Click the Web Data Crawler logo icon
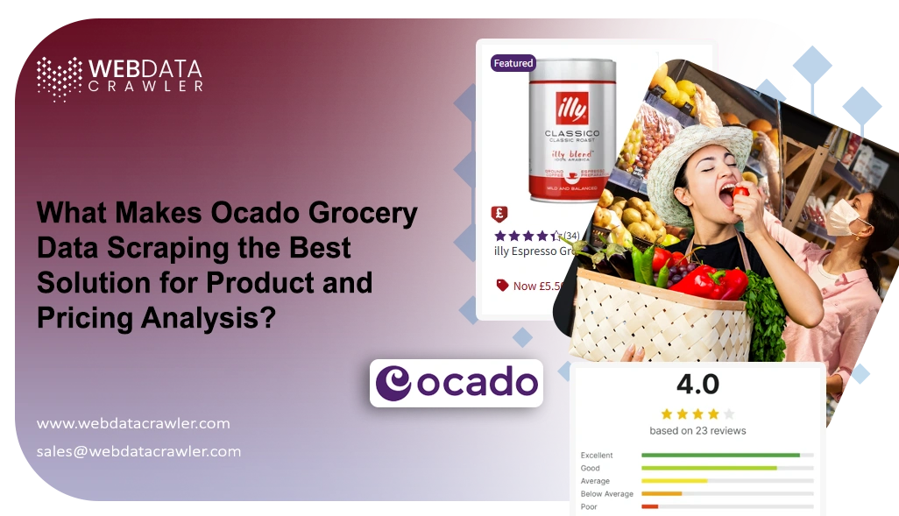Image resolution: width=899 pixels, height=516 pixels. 59,79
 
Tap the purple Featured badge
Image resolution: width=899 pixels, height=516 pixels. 513,63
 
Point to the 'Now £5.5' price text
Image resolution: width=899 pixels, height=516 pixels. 536,286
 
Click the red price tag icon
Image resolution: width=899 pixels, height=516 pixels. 502,285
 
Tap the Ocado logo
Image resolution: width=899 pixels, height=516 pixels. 456,383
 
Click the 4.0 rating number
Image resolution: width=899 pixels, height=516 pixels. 697,385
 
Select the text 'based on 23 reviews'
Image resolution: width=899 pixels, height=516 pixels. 697,430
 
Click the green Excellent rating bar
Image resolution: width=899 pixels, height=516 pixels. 720,456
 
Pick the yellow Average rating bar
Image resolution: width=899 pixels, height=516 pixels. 674,481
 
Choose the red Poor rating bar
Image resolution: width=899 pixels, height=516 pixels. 649,506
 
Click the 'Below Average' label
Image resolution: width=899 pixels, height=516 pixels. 606,494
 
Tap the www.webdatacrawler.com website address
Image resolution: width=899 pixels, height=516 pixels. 133,423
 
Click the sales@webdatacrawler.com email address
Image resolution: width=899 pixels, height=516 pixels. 138,451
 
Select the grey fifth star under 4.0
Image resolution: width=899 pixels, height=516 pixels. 729,414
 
